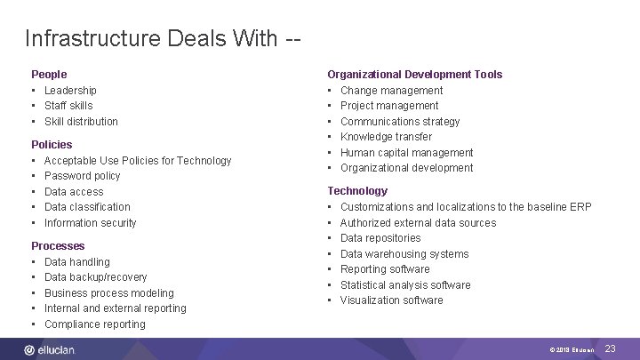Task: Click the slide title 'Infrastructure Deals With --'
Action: coord(163,39)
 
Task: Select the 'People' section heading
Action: coord(49,75)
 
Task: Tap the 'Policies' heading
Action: coord(52,144)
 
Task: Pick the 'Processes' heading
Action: coord(58,245)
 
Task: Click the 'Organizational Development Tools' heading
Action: coord(414,75)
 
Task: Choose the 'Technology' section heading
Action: coord(357,190)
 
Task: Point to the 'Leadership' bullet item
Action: coord(70,91)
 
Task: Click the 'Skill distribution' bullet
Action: coord(81,122)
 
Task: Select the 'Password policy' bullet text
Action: coord(82,176)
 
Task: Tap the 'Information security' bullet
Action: coord(90,223)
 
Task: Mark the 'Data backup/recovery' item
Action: coord(95,277)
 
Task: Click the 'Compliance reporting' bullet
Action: coord(94,324)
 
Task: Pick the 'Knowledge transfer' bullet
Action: coord(386,137)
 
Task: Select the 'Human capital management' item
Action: coord(406,153)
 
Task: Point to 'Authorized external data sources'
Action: coord(418,223)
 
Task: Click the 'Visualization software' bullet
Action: coord(391,300)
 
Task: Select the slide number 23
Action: coord(610,349)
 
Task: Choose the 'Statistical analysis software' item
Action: coord(405,285)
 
